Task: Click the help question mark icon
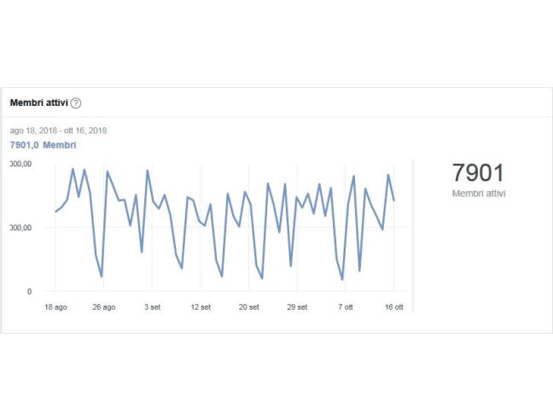(76, 103)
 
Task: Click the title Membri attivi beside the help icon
(38, 103)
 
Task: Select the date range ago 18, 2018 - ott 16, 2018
(58, 131)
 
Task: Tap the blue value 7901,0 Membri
(43, 145)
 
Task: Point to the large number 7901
(478, 173)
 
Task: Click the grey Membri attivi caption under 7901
(479, 194)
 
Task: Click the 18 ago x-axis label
(55, 306)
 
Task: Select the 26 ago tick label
(103, 306)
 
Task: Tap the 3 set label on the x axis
(152, 306)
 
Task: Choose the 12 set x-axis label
(201, 306)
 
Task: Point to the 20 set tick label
(248, 306)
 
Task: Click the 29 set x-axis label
(297, 306)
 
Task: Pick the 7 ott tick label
(346, 306)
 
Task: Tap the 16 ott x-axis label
(393, 306)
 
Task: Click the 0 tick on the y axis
(29, 292)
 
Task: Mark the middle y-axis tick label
(21, 228)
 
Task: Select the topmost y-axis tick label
(21, 164)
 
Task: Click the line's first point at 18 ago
(55, 212)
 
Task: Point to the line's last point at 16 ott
(393, 201)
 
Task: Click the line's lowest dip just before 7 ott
(342, 279)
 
